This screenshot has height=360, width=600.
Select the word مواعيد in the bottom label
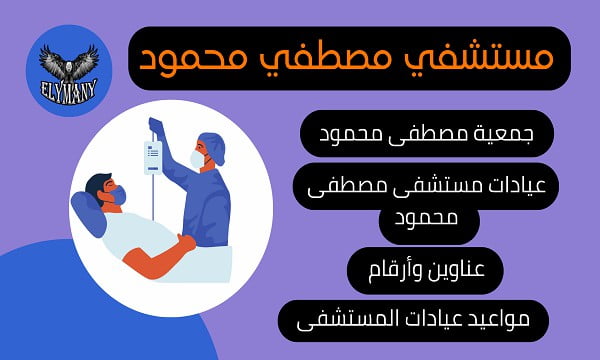click(506, 320)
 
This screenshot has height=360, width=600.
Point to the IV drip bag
click(153, 157)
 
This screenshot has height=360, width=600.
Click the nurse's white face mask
click(196, 158)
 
